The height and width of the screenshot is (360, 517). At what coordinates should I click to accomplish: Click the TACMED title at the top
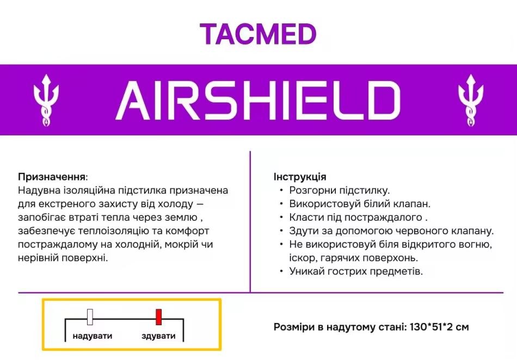(x=258, y=34)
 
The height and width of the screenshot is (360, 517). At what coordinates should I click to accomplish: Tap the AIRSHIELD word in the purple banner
(x=258, y=101)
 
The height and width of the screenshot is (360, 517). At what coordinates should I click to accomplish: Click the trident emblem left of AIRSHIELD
(x=46, y=100)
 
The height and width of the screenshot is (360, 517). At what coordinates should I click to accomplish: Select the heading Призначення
(x=52, y=177)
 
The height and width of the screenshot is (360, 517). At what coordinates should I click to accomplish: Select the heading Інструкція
(x=300, y=177)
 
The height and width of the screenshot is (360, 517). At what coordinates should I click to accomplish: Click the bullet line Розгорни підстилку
(x=340, y=191)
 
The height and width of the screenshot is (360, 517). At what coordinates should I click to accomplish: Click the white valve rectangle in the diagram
(x=90, y=317)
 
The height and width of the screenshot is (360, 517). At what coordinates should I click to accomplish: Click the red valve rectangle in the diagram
(x=159, y=316)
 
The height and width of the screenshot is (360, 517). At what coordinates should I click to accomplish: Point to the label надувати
(x=93, y=336)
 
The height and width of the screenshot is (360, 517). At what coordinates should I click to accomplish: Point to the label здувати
(x=158, y=336)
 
